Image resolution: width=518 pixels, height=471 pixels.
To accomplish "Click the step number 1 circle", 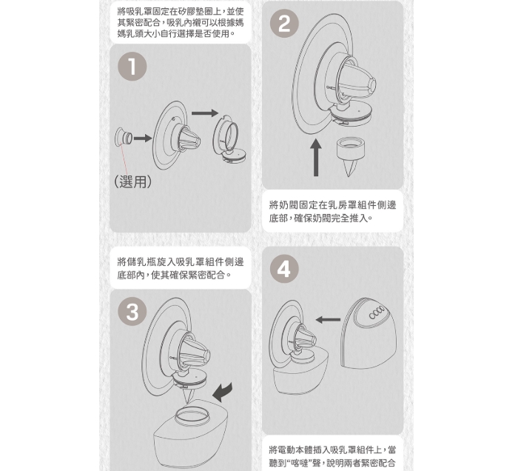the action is click(132, 67).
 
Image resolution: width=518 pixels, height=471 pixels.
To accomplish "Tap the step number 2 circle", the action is click(284, 24).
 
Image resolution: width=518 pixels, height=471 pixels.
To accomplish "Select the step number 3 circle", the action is click(132, 312).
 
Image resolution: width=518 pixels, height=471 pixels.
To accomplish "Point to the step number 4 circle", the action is click(284, 270).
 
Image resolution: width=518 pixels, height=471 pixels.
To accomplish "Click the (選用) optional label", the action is click(132, 181).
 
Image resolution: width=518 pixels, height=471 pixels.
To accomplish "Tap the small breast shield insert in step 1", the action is click(124, 138).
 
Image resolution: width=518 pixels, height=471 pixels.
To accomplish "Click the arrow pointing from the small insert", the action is click(142, 138).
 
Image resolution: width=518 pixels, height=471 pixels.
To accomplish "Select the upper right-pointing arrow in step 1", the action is click(205, 113).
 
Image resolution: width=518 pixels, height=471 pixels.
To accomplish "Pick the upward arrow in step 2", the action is click(316, 157).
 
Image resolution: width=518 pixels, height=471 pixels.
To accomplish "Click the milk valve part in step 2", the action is click(350, 156).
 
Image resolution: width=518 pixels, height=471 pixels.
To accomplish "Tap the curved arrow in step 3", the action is click(222, 392).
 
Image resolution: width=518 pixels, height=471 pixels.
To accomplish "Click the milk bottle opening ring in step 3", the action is click(192, 415).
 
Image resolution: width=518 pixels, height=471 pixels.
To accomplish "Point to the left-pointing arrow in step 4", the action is click(328, 320).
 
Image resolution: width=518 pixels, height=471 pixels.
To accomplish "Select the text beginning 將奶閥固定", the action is click(332, 212).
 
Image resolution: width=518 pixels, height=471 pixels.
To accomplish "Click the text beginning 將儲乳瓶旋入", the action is click(181, 268).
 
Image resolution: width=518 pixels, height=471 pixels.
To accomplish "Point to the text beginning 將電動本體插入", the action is click(332, 456).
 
